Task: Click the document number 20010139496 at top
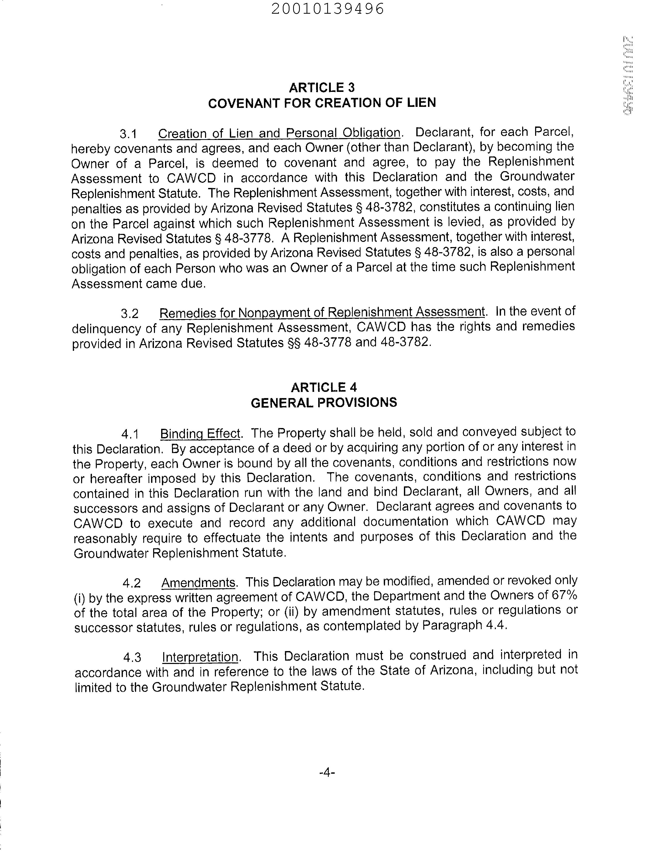click(328, 9)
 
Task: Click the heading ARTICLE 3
click(322, 87)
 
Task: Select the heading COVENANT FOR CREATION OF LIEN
click(322, 103)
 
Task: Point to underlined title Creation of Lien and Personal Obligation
click(279, 133)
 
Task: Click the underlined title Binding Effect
click(200, 433)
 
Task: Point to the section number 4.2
click(131, 583)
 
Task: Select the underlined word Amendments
click(198, 582)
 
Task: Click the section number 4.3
click(132, 658)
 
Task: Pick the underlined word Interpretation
click(200, 657)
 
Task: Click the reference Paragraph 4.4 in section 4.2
click(464, 626)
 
